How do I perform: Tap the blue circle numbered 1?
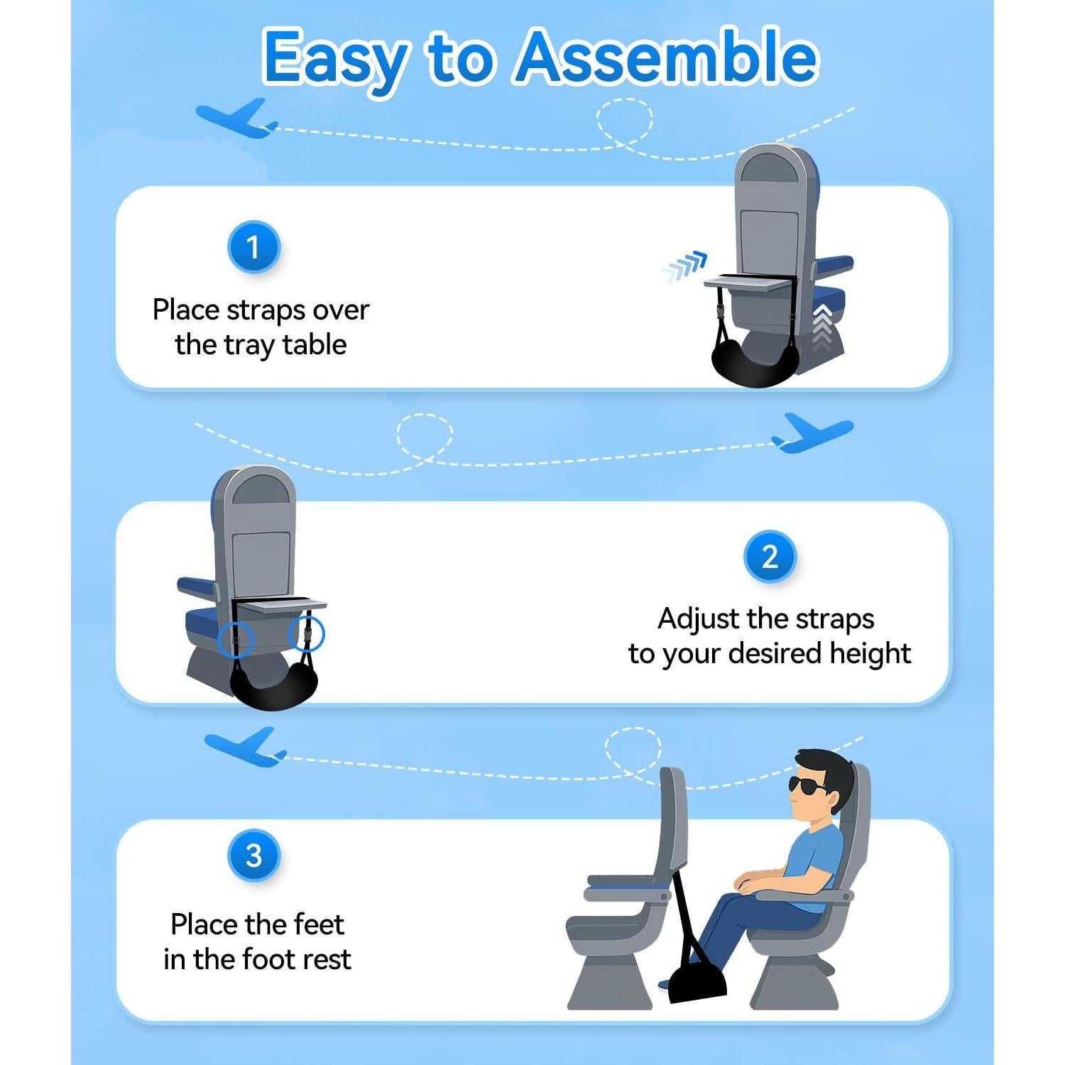[x=253, y=247]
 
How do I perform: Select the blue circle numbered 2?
[x=770, y=557]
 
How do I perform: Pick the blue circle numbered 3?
[x=253, y=855]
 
